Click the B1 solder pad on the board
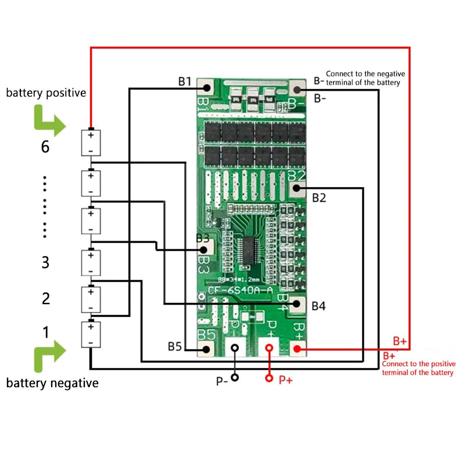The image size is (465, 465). (x=206, y=88)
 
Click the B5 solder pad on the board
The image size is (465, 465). (x=206, y=349)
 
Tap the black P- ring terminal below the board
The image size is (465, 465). (x=235, y=349)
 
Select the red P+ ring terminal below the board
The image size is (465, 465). (x=269, y=349)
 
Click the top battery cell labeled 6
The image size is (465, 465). (x=91, y=142)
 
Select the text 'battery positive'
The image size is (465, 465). (x=46, y=92)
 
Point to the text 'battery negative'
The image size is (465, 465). (x=52, y=383)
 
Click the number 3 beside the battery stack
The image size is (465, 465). (x=45, y=262)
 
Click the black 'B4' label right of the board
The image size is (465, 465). (x=319, y=306)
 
